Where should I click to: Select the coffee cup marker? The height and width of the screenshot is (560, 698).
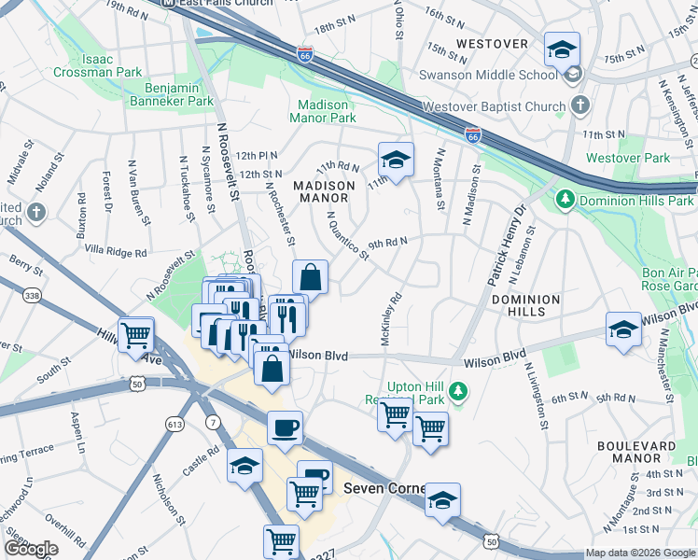click(285, 428)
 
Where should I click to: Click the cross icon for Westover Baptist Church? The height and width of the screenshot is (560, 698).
click(579, 105)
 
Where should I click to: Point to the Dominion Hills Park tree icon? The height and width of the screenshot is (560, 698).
click(564, 199)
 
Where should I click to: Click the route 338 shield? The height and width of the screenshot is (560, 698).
click(33, 296)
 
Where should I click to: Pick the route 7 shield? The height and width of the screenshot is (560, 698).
click(214, 424)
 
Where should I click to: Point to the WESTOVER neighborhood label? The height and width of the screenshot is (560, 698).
click(493, 44)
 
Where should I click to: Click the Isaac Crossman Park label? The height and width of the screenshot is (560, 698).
click(111, 65)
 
